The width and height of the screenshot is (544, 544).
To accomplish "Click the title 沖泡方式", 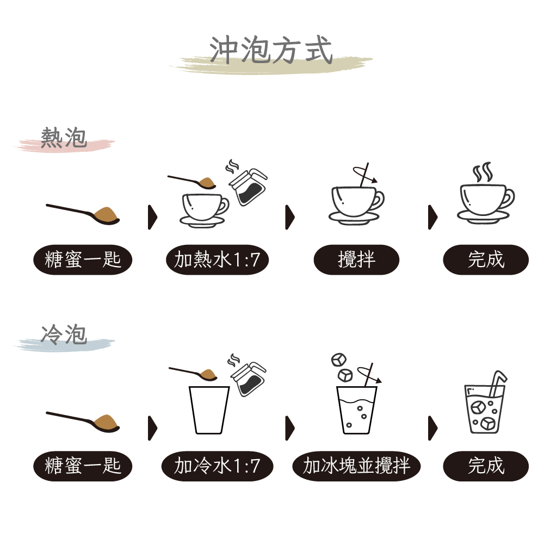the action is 271,50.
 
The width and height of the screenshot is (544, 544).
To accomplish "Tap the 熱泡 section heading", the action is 64,138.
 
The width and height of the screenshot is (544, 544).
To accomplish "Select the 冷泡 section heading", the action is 64,335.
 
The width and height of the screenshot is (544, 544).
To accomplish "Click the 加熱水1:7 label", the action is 217,260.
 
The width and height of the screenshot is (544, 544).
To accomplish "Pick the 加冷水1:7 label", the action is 217,466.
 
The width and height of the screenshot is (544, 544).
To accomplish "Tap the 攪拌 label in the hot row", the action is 356,260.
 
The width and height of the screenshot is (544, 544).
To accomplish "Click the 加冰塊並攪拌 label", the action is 356,466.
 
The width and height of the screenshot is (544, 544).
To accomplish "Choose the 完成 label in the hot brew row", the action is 486,260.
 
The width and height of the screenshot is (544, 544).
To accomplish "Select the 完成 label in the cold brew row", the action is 486,466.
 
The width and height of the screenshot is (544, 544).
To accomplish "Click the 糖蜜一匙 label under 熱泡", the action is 83,260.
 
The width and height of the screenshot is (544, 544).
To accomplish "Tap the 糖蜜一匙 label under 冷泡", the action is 83,466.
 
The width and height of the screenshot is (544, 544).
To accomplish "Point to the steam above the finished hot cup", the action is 483,172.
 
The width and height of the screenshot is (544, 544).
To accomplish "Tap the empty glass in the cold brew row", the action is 209,410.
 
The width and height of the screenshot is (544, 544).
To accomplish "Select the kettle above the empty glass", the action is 249,379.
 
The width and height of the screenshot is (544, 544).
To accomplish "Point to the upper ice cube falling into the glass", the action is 338,360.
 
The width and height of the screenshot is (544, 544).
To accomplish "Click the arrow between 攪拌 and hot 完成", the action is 432,217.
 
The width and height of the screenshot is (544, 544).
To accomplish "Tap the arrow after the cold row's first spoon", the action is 152,428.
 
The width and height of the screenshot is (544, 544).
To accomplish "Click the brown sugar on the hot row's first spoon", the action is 106,214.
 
